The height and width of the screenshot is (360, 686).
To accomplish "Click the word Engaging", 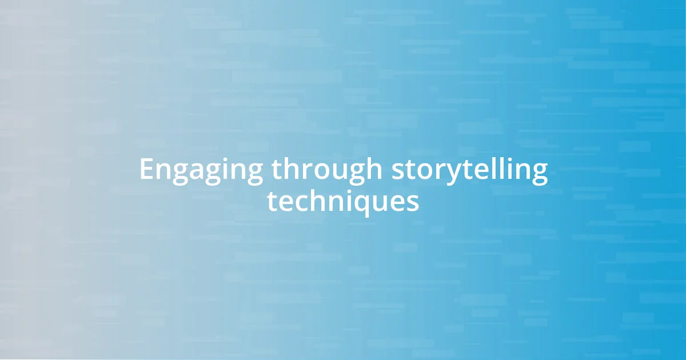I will point(201,170).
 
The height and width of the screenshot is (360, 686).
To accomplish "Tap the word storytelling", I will point(469,170).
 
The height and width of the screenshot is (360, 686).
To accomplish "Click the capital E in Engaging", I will point(146,170).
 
